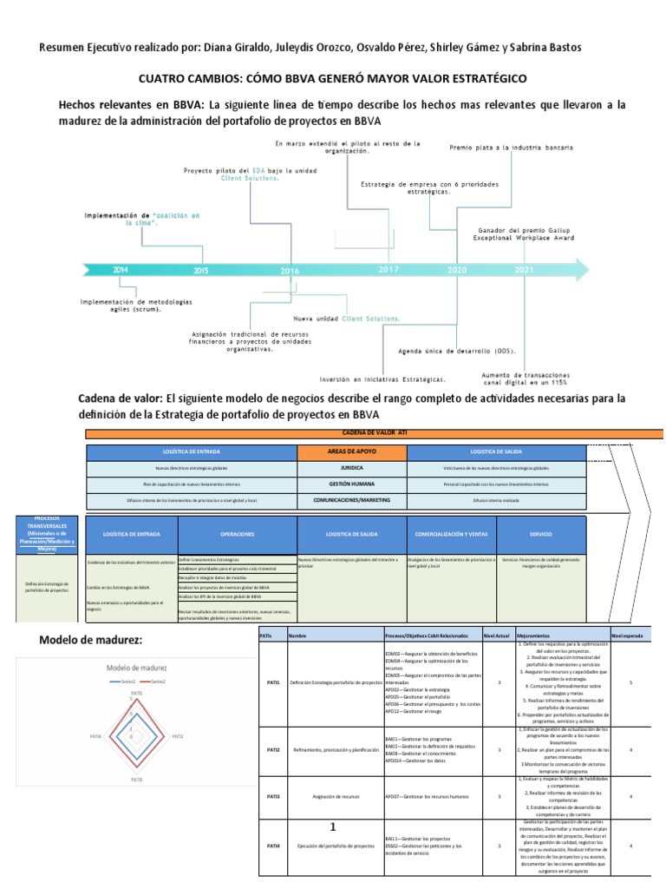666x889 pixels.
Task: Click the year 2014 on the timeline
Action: [121, 270]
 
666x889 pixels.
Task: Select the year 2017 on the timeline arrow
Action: [388, 269]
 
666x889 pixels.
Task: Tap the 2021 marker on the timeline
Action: [525, 269]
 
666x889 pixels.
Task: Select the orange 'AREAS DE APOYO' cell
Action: [351, 452]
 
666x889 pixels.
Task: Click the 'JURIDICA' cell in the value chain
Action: [351, 467]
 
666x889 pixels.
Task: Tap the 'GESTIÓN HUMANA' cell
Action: [351, 484]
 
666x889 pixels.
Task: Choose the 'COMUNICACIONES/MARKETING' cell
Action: [351, 500]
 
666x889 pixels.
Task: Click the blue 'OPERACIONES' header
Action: [237, 535]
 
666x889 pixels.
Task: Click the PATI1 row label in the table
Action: [273, 683]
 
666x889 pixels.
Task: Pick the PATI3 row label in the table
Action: [273, 795]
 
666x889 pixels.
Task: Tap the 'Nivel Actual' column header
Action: [497, 636]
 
